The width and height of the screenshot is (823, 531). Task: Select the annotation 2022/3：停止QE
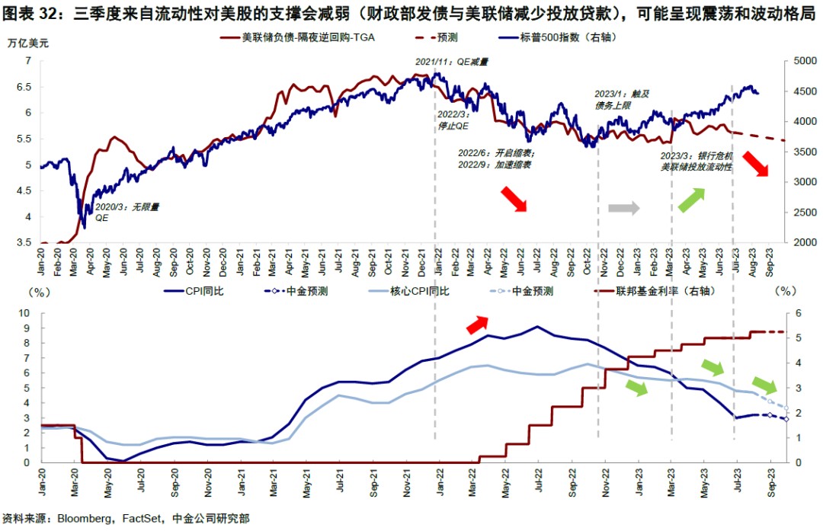[457, 120]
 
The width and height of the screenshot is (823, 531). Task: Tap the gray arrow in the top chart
[623, 207]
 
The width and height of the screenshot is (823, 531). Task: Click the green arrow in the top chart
[690, 200]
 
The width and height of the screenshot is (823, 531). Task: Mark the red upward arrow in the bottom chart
[479, 325]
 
